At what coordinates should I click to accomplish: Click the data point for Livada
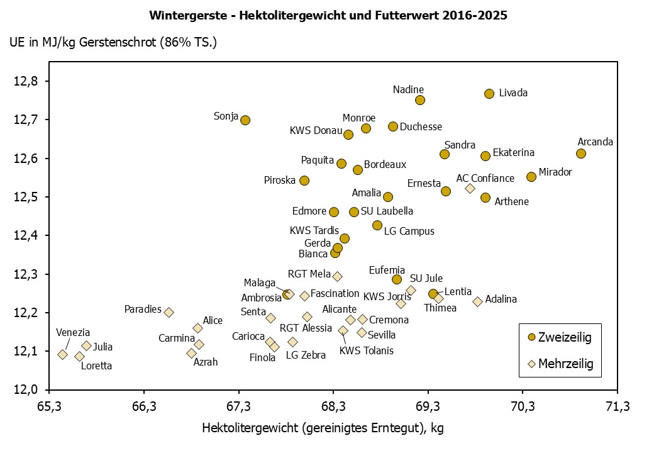tap(489, 94)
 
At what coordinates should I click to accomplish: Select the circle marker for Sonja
tap(245, 120)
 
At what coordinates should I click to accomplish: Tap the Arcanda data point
tap(580, 154)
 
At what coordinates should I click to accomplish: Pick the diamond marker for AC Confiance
tap(470, 188)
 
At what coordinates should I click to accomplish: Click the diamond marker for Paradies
tap(169, 312)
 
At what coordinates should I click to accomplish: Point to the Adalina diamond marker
tap(477, 301)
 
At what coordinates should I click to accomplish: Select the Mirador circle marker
tap(531, 177)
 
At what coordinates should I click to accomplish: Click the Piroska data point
tap(304, 181)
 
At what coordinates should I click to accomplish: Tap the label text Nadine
tap(408, 89)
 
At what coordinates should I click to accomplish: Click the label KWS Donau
tap(316, 131)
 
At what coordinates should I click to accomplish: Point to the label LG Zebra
tap(306, 355)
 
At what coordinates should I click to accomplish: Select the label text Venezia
tap(73, 332)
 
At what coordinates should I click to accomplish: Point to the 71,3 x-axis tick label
tap(617, 406)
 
